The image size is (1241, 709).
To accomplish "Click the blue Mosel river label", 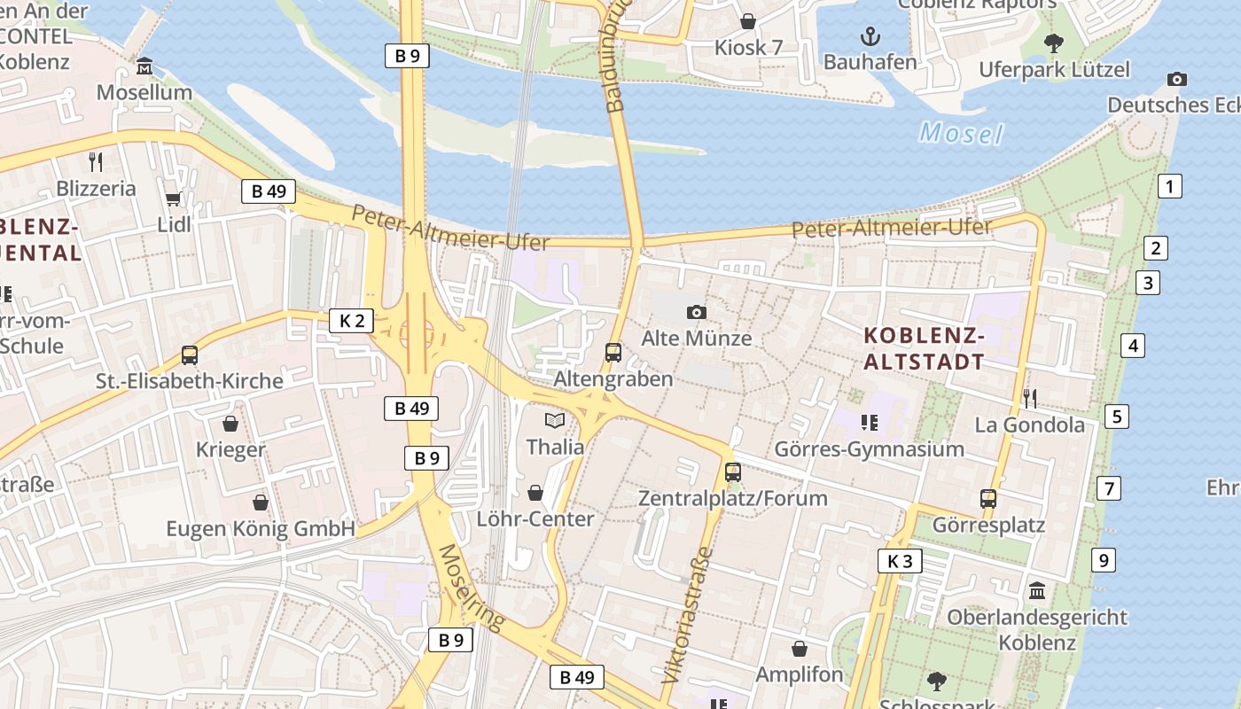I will [961, 134].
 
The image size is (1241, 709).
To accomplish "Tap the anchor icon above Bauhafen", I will [870, 36].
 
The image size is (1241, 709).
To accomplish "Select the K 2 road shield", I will [352, 321].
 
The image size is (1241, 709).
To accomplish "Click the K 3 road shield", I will [900, 561].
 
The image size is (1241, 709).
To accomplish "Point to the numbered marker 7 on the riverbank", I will [1108, 488].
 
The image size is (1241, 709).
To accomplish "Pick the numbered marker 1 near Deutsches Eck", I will [1170, 187].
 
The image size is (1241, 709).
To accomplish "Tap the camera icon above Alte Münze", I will [697, 312].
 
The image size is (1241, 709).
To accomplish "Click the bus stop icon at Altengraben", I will [613, 353].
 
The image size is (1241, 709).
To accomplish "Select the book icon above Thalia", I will [555, 420].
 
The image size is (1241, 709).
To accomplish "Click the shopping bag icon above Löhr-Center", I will [535, 492].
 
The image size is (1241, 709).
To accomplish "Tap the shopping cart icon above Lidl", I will [174, 199].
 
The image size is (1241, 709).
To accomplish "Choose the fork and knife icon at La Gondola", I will [1029, 398].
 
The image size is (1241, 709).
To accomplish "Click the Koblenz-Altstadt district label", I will [924, 348].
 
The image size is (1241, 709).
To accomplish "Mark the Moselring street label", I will [470, 587].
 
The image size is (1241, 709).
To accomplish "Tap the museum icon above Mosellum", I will [144, 66].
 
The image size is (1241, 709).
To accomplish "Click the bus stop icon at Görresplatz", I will [988, 499].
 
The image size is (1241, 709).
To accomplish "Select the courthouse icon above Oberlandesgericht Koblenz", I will [1037, 590].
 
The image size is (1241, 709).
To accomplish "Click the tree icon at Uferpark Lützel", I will [1054, 43].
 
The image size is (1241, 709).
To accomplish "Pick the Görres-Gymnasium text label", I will [869, 449].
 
